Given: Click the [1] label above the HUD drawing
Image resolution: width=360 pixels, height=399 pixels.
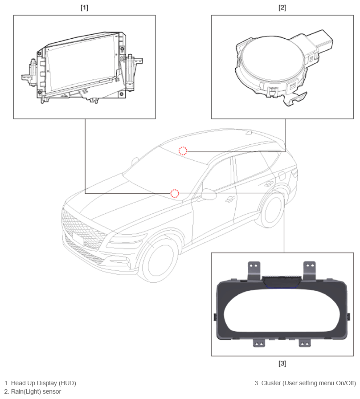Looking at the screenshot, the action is (x=84, y=8).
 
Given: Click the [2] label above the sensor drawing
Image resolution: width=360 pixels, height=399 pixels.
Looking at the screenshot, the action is (x=282, y=8).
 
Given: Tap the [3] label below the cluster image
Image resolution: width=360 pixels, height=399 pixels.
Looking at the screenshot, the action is (x=282, y=363).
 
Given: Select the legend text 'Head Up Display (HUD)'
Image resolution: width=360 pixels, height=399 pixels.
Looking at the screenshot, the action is (x=43, y=383).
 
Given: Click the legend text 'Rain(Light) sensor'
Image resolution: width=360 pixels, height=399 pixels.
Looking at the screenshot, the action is (x=36, y=391).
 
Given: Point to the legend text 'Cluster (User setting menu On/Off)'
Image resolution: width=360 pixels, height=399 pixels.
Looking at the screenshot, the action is (x=309, y=383).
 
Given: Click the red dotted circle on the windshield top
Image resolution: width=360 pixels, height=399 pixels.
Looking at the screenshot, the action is (x=183, y=151).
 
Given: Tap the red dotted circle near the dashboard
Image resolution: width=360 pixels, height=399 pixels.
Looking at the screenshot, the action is (x=175, y=193).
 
